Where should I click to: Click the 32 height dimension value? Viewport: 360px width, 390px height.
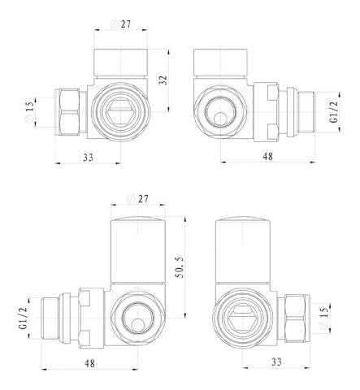[163, 80]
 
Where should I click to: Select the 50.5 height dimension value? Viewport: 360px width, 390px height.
[180, 267]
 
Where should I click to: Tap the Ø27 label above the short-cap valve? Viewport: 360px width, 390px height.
[120, 24]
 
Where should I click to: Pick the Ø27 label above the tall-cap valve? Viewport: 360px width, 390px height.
[137, 199]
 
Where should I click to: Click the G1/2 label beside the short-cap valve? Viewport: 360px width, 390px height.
[335, 112]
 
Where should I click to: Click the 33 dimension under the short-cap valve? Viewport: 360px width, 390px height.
[88, 158]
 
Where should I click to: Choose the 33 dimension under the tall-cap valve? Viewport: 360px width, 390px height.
[276, 362]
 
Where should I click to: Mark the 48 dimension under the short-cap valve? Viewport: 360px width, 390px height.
[267, 156]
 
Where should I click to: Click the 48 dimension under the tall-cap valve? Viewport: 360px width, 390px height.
[89, 363]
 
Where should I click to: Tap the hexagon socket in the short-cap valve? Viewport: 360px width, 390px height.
[120, 111]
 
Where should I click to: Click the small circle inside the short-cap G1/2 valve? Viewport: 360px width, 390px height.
[220, 119]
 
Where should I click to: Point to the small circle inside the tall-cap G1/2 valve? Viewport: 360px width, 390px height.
[138, 324]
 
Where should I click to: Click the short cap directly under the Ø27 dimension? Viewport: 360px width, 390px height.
[120, 63]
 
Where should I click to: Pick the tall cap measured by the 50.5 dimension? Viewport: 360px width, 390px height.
[138, 249]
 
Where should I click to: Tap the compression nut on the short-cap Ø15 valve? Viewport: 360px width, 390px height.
[67, 112]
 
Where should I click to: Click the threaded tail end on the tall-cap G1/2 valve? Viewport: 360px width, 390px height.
[50, 318]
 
